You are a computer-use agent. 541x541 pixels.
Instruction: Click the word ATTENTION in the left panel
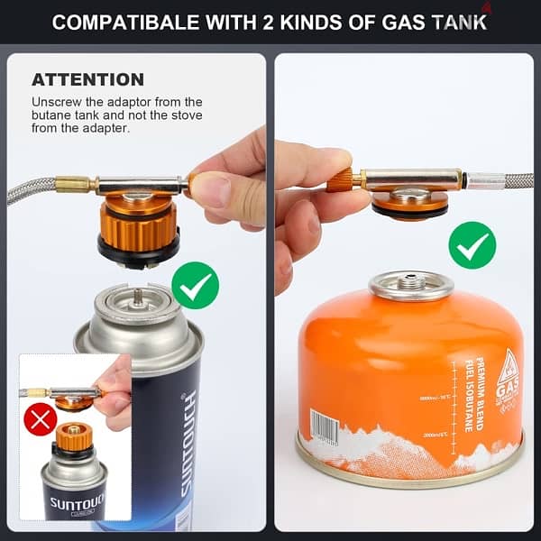87,79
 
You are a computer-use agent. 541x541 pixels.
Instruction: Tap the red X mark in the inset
40,419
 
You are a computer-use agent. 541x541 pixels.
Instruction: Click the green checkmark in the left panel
195,285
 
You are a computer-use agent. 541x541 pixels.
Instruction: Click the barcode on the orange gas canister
325,426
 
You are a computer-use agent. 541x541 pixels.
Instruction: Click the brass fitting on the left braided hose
73,185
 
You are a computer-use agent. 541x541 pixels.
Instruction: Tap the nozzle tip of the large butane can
138,296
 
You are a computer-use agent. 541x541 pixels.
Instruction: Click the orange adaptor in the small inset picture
74,437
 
